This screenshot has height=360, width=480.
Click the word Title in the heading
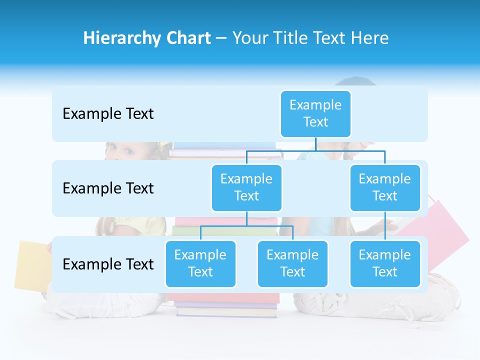click(294, 38)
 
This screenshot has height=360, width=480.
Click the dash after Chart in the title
click(221, 38)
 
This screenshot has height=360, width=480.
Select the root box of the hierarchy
click(315, 113)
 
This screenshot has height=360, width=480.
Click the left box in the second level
click(246, 187)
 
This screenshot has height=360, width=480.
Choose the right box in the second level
click(385, 187)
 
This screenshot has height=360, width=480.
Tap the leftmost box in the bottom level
click(200, 263)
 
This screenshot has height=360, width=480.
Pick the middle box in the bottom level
click(292, 263)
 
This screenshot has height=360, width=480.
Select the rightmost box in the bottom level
click(385, 263)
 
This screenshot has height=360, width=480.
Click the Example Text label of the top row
click(108, 114)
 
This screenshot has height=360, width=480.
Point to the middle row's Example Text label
click(108, 188)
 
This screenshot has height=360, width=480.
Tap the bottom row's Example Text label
click(108, 264)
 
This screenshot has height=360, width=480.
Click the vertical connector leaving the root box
click(315, 144)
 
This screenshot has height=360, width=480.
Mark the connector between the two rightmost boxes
click(385, 226)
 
